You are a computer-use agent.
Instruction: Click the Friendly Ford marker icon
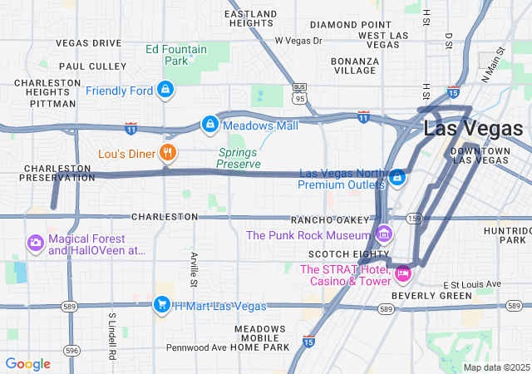(x=165, y=89)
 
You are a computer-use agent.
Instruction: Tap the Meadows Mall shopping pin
(x=210, y=125)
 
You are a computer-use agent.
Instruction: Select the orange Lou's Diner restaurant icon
(x=168, y=152)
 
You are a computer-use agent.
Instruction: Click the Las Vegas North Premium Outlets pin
(x=398, y=177)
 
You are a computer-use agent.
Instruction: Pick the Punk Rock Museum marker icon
(x=383, y=234)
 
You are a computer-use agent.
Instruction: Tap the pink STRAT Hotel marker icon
(x=403, y=273)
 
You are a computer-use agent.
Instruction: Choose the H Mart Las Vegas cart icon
(x=162, y=305)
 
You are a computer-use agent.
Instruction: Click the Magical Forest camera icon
(x=36, y=243)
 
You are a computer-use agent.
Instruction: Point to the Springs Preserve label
(x=239, y=158)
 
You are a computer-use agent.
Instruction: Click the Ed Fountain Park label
(x=176, y=55)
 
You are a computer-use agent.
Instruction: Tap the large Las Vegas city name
(x=473, y=129)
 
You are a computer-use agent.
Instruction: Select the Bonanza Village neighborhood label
(x=355, y=66)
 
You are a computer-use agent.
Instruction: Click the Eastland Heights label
(x=251, y=18)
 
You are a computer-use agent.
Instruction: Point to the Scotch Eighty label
(x=347, y=253)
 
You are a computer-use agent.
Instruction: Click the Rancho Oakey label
(x=329, y=219)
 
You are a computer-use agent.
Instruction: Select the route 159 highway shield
(x=414, y=218)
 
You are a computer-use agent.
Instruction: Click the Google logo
(x=27, y=364)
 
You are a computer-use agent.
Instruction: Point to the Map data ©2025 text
(x=495, y=367)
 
